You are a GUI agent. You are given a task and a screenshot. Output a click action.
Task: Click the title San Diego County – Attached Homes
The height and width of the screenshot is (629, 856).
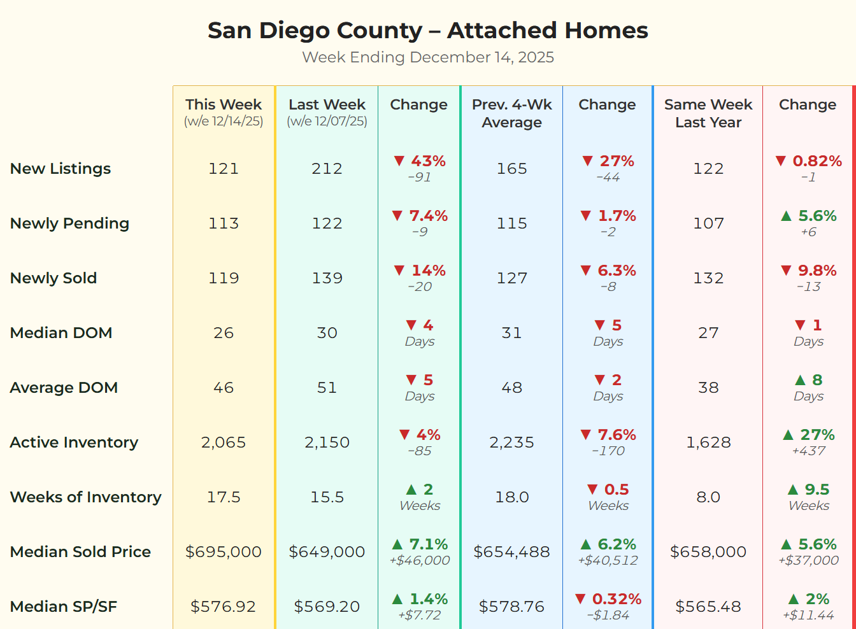[427, 31]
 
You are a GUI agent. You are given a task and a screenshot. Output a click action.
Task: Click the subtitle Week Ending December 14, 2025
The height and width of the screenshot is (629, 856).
[427, 57]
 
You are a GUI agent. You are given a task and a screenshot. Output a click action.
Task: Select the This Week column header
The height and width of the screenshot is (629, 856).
[224, 105]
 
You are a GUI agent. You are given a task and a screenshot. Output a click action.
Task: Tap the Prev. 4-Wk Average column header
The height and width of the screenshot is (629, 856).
[511, 113]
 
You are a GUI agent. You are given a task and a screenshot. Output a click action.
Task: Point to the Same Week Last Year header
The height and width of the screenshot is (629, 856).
[708, 113]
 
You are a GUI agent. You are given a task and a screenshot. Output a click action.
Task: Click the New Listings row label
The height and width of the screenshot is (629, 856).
[61, 169]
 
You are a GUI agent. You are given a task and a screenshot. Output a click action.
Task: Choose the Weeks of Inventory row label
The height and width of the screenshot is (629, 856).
[86, 497]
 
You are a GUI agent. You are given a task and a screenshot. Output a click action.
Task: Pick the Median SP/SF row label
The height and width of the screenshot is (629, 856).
[64, 607]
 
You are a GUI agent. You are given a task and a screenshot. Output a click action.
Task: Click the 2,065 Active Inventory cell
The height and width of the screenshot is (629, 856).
[224, 442]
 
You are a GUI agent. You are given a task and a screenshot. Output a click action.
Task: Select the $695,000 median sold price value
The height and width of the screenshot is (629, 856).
[224, 552]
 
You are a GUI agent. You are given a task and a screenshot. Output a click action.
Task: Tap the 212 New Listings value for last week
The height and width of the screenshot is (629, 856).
[327, 169]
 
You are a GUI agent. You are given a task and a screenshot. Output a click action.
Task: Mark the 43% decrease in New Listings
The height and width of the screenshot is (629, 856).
[427, 161]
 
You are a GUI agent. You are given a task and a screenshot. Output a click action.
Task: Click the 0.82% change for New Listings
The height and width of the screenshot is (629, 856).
[817, 161]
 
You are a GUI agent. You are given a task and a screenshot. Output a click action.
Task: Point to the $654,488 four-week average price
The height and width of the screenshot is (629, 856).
[511, 552]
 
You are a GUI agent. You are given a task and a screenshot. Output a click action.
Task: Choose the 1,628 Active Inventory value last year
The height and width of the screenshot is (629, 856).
[708, 442]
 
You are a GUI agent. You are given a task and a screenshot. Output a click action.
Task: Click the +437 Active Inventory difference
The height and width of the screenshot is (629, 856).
[808, 451]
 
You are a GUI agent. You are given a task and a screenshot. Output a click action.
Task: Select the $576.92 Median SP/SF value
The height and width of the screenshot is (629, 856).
[224, 607]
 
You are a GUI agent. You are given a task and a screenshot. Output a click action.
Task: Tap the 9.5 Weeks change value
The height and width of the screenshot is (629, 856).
[817, 490]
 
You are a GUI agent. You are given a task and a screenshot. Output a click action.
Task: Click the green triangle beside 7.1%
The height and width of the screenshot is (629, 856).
[397, 544]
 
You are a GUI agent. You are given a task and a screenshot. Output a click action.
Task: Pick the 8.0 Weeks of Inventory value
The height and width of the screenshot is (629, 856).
[708, 497]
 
